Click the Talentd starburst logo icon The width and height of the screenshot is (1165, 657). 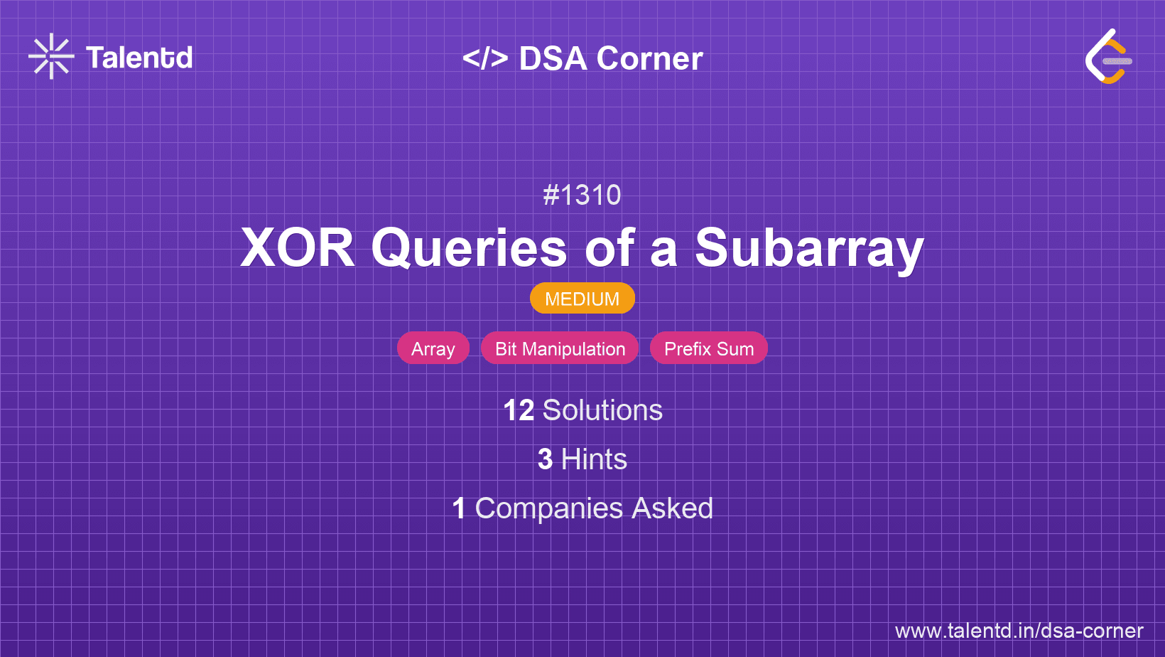51,56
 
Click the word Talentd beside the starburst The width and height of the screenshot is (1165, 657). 139,58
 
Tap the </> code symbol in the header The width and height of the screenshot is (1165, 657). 484,58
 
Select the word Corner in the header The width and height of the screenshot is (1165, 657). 649,58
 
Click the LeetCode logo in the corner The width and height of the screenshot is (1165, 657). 1107,56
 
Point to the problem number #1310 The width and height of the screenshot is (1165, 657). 582,196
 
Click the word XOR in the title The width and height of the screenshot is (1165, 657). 298,248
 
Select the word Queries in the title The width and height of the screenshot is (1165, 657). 469,248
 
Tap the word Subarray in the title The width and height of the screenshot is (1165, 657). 809,250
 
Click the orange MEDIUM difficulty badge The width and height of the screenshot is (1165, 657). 582,299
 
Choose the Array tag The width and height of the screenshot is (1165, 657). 433,348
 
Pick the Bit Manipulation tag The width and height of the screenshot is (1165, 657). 560,348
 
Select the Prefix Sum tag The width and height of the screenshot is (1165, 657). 708,348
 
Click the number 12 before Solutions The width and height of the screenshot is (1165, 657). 519,410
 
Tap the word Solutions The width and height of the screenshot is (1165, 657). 602,410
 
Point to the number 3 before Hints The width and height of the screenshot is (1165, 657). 545,459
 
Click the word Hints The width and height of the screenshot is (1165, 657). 594,459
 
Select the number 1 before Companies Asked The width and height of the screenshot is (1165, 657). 459,508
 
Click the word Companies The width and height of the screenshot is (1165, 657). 548,509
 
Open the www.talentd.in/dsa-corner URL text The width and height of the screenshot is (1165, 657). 1019,631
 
